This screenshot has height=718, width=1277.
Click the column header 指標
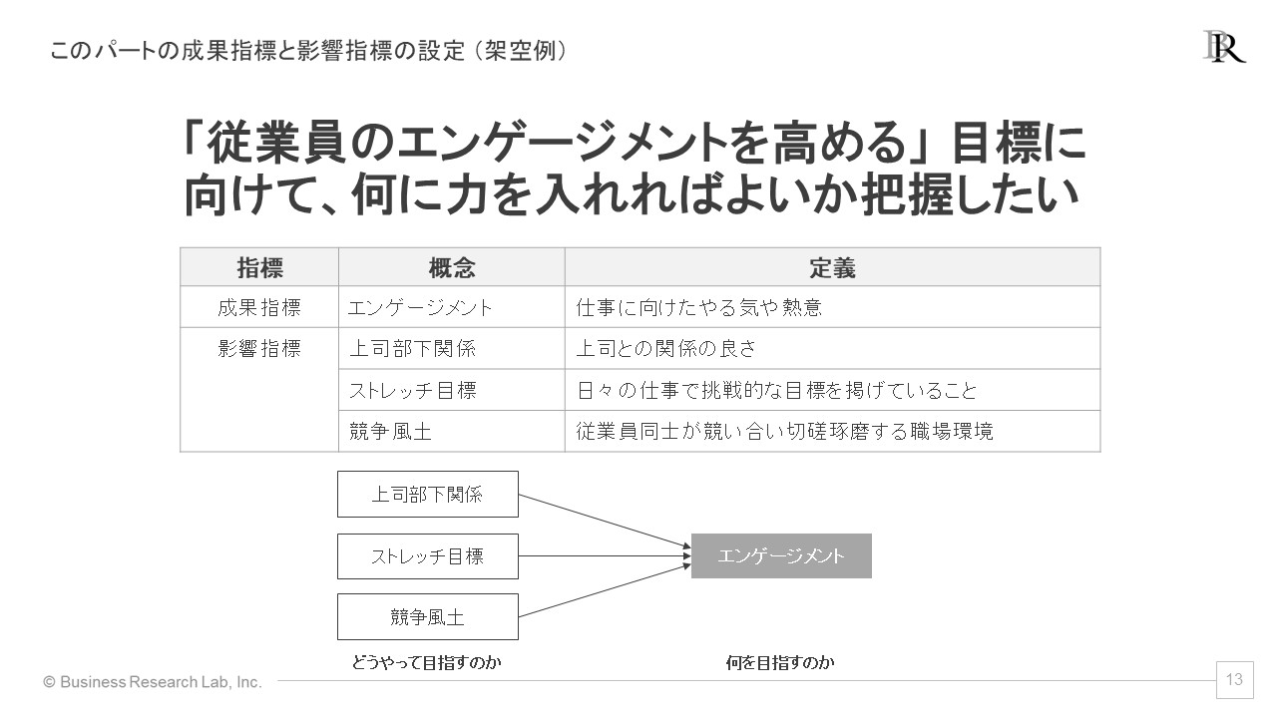pos(259,267)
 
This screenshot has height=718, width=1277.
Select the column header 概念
pos(452,267)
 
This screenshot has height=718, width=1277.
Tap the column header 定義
pos(832,267)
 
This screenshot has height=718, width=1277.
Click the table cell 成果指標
pos(259,307)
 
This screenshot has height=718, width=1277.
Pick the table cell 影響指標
pos(259,390)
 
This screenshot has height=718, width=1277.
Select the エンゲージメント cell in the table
pos(452,307)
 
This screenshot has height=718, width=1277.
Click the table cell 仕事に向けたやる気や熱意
pos(832,307)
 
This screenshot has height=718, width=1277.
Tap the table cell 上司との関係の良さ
pos(832,348)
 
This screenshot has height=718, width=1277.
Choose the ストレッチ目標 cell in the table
pos(452,390)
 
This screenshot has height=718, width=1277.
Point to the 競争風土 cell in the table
pos(452,432)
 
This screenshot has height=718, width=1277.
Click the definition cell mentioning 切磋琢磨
pos(832,432)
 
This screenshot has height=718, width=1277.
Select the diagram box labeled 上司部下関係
pos(428,494)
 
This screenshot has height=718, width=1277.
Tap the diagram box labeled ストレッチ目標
pos(428,556)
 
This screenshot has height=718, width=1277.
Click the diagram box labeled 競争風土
pos(428,616)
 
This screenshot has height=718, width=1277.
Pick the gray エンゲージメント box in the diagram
pos(781,555)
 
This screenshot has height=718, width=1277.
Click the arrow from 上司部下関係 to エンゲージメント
pos(605,521)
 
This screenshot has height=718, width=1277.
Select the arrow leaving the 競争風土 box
pos(605,590)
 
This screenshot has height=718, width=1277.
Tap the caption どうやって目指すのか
pos(426,662)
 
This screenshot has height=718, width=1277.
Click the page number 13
pos(1234,679)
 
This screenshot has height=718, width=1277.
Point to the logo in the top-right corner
pos(1224,47)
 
